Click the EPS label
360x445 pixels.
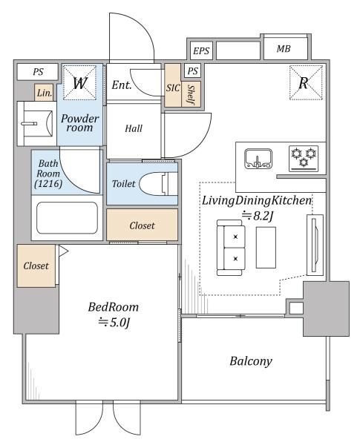pos(201,51)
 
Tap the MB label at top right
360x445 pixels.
pos(284,49)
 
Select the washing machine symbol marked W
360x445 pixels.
pos(79,82)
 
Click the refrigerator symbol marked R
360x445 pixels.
pos(306,82)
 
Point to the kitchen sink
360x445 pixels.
pos(258,159)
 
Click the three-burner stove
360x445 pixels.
pos(304,159)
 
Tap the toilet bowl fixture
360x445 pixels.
pos(158,184)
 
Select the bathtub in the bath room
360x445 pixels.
pos(67,217)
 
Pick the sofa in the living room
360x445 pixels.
pos(231,248)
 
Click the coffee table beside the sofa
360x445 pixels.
pos(266,248)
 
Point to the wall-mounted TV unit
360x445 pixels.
pos(315,245)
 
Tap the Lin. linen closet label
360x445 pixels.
pos(45,93)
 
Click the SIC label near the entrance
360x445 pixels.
pos(173,88)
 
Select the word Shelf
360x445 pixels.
pos(191,94)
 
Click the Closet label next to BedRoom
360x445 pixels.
pos(36,266)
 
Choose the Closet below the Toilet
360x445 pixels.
pos(142,225)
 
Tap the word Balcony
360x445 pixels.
pos(251,361)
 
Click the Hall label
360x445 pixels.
pos(134,128)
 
